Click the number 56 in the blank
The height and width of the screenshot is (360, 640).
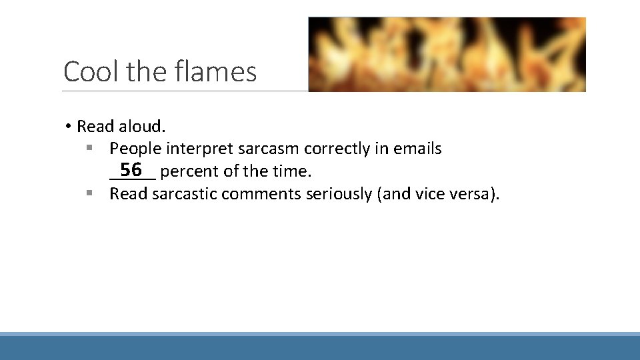tap(131, 169)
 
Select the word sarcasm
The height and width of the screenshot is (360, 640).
tap(268, 149)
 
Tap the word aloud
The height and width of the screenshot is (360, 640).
tap(142, 126)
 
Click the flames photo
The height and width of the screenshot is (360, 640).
tap(447, 54)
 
